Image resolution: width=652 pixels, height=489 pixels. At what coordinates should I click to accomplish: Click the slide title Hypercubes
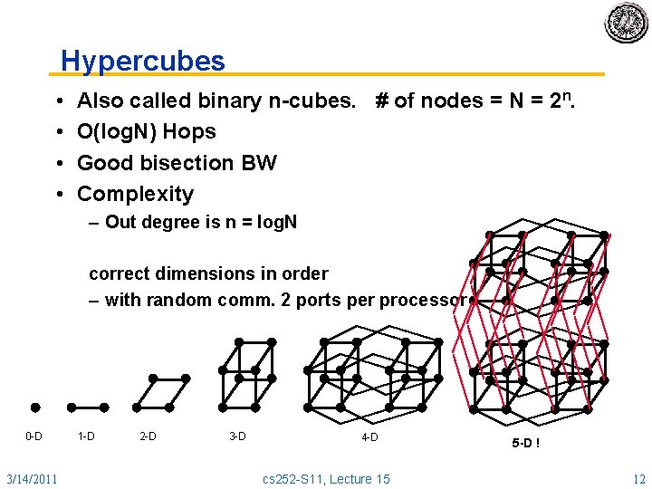coord(142,61)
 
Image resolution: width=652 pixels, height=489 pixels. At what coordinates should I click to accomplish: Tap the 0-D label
coord(34,436)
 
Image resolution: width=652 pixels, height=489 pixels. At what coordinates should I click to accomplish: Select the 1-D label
coord(87,436)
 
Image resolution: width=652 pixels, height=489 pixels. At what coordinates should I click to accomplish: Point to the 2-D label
coord(148,436)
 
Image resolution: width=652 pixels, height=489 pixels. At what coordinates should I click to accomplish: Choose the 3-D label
coord(237,436)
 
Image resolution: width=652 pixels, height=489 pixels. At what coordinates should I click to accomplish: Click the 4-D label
coord(369,437)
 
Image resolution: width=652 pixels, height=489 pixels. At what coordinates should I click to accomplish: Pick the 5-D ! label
coord(526,444)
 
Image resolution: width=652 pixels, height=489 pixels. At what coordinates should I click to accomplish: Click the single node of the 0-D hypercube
coord(34,407)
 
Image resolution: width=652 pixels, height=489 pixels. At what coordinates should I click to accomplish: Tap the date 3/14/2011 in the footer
coord(33,478)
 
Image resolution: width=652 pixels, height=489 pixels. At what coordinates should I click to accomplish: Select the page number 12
coord(639,478)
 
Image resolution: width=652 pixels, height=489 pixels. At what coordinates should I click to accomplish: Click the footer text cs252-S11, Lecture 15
coord(326,478)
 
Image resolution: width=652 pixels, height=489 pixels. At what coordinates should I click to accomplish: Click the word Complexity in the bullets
coord(136,194)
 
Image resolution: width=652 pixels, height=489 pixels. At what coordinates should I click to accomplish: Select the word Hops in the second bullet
coord(190,131)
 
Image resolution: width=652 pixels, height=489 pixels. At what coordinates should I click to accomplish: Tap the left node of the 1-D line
coord(72,407)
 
